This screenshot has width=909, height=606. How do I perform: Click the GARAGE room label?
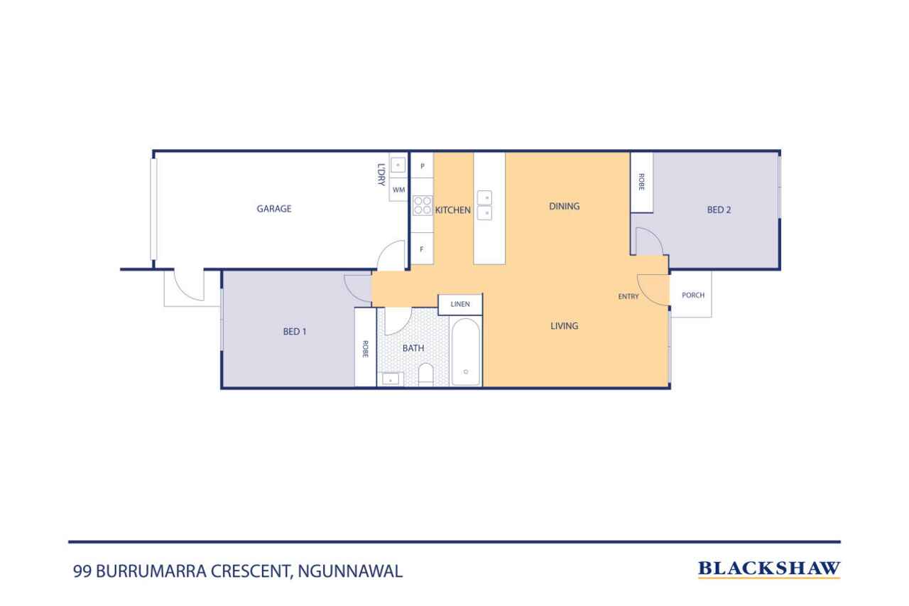click(x=274, y=209)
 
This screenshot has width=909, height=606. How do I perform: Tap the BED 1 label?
click(x=295, y=332)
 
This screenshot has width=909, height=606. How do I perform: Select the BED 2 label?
click(x=719, y=210)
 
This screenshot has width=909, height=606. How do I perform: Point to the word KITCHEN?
click(x=453, y=210)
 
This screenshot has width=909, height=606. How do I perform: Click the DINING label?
click(x=564, y=206)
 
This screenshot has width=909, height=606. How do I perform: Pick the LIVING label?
click(x=564, y=325)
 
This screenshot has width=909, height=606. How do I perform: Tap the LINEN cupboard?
click(x=460, y=304)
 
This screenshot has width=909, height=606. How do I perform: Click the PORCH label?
click(x=693, y=295)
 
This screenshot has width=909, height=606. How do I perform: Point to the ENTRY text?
click(x=628, y=297)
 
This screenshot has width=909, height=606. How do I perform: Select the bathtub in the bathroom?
click(x=465, y=352)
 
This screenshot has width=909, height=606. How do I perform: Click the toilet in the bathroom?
click(x=425, y=374)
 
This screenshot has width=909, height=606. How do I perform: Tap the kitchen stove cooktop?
click(x=423, y=205)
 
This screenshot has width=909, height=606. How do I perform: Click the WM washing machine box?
click(x=398, y=190)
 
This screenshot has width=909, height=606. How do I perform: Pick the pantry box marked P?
click(x=422, y=166)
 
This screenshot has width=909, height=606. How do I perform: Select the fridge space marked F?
click(x=422, y=249)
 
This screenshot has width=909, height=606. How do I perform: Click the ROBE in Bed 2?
click(x=641, y=183)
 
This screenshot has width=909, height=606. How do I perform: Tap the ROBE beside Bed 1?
click(x=365, y=347)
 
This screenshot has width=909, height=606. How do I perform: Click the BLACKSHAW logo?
click(x=769, y=569)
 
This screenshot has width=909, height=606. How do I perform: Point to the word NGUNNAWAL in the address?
click(x=350, y=571)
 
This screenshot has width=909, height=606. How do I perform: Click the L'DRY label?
click(x=381, y=175)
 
